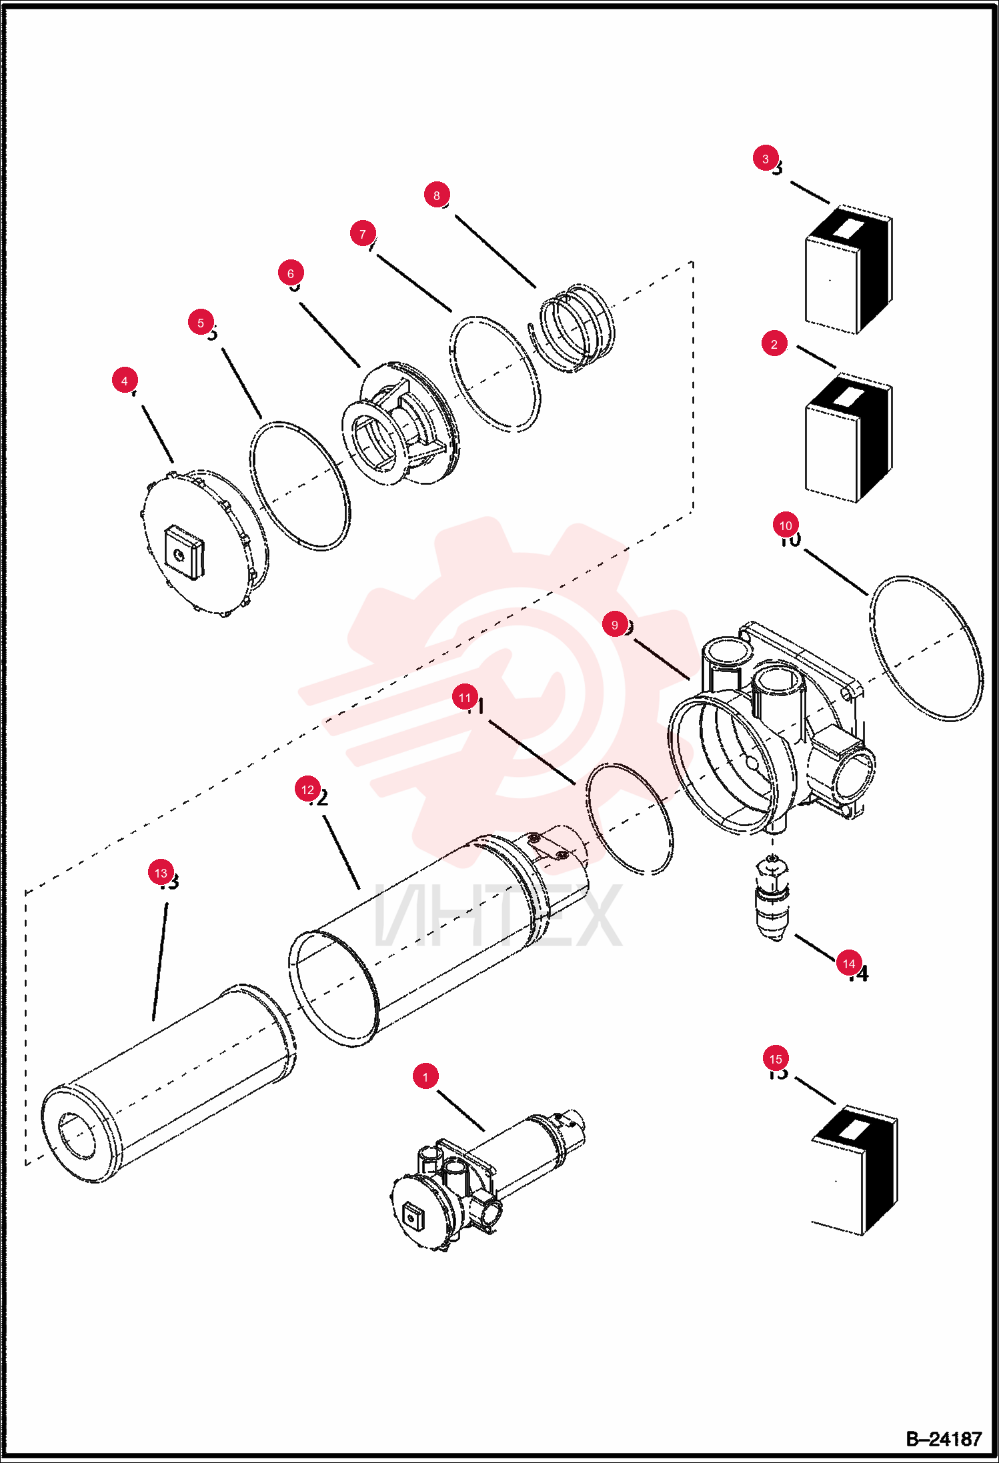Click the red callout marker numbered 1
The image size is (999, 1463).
[x=425, y=1076]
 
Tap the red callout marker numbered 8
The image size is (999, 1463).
[x=437, y=195]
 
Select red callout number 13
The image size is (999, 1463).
[x=161, y=873]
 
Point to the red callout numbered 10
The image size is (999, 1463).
[x=786, y=525]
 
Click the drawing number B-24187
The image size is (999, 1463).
[x=944, y=1439]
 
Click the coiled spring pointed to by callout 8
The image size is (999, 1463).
[x=573, y=327]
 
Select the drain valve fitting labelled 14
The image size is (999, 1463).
[x=772, y=897]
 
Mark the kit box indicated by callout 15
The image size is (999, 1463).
[x=855, y=1170]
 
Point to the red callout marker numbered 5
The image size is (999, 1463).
[x=201, y=323]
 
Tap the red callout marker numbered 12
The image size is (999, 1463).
[x=307, y=790]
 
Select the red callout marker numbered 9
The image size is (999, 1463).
[x=615, y=625]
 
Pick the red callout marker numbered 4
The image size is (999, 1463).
[x=125, y=381]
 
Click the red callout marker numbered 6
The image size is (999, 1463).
[x=291, y=273]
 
